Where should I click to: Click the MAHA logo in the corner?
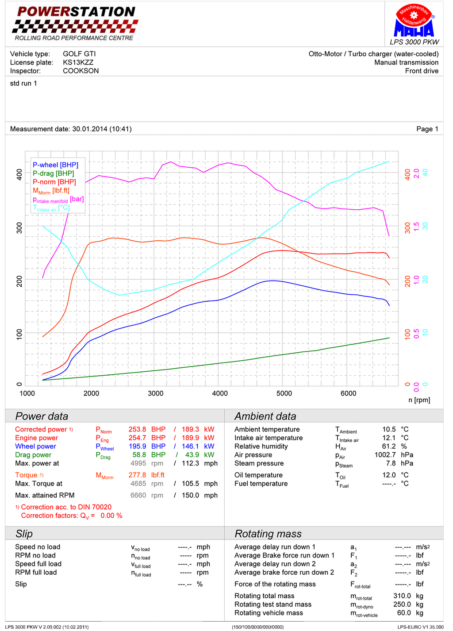pyautogui.click(x=414, y=22)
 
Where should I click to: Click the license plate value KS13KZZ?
pyautogui.click(x=78, y=62)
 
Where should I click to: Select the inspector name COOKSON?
pyautogui.click(x=81, y=71)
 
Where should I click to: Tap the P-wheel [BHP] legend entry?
pyautogui.click(x=55, y=165)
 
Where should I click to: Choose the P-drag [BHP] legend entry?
pyautogui.click(x=53, y=173)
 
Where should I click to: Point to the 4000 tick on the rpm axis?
pyautogui.click(x=220, y=393)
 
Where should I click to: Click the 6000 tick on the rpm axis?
pyautogui.click(x=348, y=393)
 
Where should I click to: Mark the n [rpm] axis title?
pyautogui.click(x=419, y=400)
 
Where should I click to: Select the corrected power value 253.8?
pyautogui.click(x=137, y=429)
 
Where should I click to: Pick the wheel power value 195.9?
pyautogui.click(x=137, y=446)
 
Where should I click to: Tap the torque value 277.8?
pyautogui.click(x=137, y=475)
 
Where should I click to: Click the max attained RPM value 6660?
pyautogui.click(x=138, y=495)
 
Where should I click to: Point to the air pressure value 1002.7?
pyautogui.click(x=385, y=455)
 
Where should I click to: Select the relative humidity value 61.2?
pyautogui.click(x=389, y=446)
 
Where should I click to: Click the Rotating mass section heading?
pyautogui.click(x=268, y=534)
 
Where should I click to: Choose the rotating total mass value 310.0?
pyautogui.click(x=402, y=596)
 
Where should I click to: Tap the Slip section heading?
pyautogui.click(x=24, y=534)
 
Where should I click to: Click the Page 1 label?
pyautogui.click(x=427, y=129)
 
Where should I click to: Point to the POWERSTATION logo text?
pyautogui.click(x=76, y=12)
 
